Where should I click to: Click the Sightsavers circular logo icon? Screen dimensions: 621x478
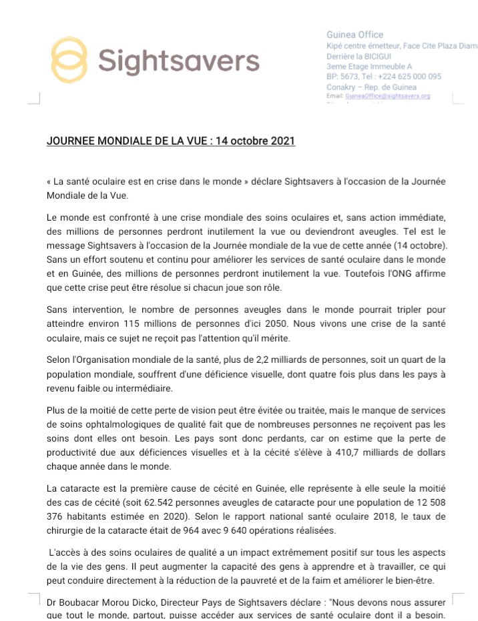coord(69,60)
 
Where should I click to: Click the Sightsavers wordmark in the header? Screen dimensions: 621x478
coord(178,61)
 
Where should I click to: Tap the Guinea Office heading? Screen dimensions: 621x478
coord(354,35)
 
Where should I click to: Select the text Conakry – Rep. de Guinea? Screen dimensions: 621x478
coord(371,87)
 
